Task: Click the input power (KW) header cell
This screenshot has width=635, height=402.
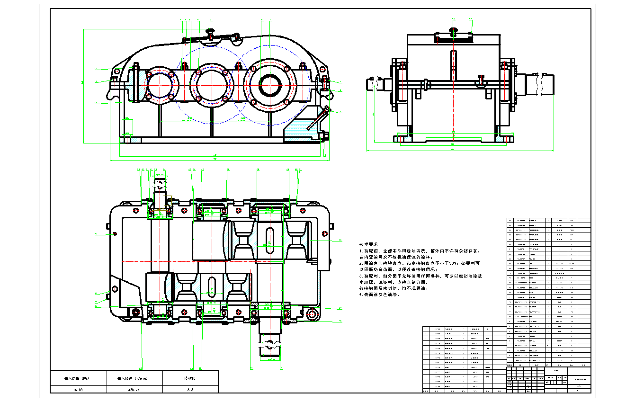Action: [x=78, y=378]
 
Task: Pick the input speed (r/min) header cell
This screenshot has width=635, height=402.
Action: [x=135, y=378]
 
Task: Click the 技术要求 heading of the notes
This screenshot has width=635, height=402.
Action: [x=368, y=245]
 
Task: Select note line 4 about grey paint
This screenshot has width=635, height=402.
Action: [x=379, y=294]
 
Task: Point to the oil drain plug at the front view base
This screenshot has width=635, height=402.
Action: [x=326, y=137]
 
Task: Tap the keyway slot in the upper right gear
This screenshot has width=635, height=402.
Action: [x=269, y=241]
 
